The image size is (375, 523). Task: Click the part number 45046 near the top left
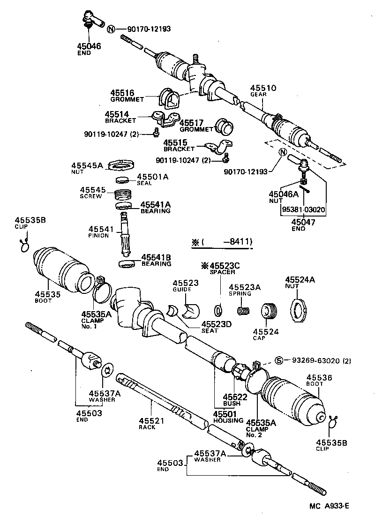tap(89, 46)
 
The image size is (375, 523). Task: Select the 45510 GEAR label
tap(263, 90)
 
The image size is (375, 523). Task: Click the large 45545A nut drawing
tap(121, 165)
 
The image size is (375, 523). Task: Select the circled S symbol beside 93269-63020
tap(278, 360)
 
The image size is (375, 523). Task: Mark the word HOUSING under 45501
tap(228, 420)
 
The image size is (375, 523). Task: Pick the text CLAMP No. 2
tap(256, 432)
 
